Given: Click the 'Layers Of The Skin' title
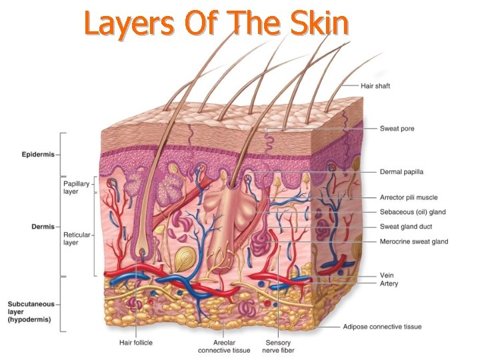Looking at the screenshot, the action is click(217, 24).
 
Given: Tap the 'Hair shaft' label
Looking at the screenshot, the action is click(375, 86).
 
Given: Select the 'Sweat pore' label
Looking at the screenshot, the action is click(397, 129).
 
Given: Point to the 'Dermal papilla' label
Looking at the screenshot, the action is click(401, 171).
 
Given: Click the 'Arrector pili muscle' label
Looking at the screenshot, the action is click(409, 197).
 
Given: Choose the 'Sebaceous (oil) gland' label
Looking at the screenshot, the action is click(413, 212).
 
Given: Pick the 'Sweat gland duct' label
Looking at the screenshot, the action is click(405, 227).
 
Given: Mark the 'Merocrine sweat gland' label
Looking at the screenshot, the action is click(414, 241).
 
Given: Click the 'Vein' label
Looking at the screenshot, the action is click(387, 275).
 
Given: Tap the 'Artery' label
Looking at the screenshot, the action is click(389, 283).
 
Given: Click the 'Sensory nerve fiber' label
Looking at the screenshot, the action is click(278, 347).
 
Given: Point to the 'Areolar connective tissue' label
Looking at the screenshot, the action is click(224, 347).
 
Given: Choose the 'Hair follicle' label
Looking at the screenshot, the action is click(135, 343).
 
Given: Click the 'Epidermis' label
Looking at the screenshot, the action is click(37, 153).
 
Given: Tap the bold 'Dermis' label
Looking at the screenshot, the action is click(43, 227).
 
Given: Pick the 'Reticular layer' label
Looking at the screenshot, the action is click(77, 239).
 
